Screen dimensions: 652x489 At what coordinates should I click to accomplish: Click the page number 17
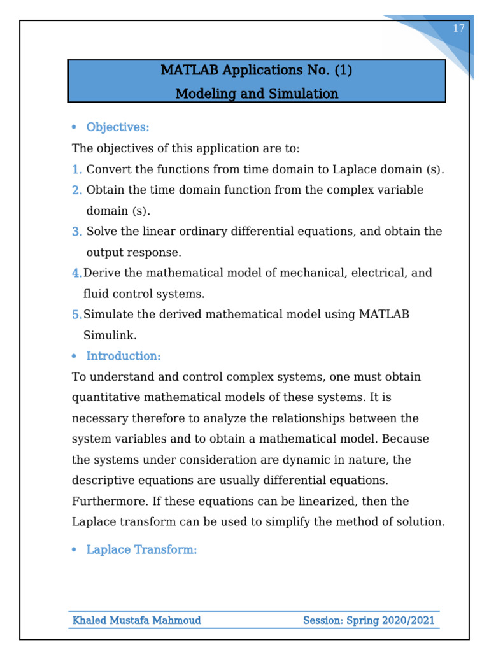click(458, 29)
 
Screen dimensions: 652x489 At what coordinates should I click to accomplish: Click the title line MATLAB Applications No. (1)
click(257, 70)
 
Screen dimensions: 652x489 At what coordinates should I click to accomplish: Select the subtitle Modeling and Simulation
click(257, 94)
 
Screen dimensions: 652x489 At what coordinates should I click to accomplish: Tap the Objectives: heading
click(118, 127)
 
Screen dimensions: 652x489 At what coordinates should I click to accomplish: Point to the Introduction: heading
click(124, 356)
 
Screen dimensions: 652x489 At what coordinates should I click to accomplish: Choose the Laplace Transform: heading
click(141, 549)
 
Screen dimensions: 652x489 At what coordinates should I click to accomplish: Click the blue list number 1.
click(76, 169)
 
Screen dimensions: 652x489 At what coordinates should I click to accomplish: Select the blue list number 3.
click(76, 231)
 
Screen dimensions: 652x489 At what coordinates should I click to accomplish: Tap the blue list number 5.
click(76, 314)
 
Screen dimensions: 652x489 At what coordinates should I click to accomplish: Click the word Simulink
click(110, 335)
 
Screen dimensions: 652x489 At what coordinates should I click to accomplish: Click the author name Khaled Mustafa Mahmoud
click(137, 620)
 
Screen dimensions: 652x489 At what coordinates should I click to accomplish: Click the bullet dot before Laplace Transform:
click(74, 550)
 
